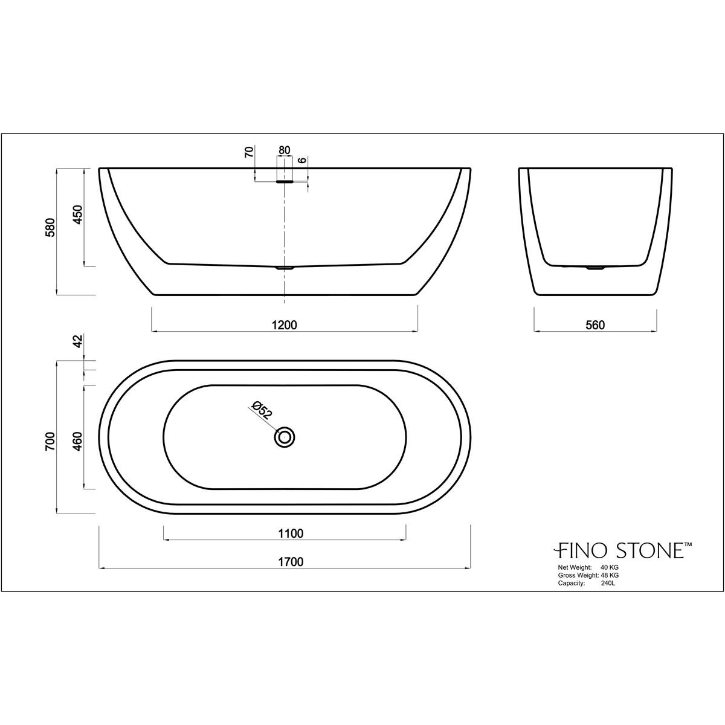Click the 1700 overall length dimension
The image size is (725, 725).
(x=290, y=562)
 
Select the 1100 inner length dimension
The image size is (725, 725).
(x=290, y=533)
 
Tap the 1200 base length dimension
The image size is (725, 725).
(x=285, y=325)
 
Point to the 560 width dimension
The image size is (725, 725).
(x=595, y=325)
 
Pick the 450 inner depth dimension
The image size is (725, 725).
(x=77, y=215)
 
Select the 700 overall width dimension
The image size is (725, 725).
(x=51, y=442)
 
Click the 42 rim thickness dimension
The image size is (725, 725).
(x=77, y=341)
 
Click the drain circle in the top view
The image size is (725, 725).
(x=285, y=437)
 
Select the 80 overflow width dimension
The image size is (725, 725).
(x=285, y=150)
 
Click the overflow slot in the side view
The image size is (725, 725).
(x=285, y=180)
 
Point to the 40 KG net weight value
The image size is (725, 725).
(x=610, y=567)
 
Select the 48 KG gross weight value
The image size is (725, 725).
(x=610, y=575)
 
